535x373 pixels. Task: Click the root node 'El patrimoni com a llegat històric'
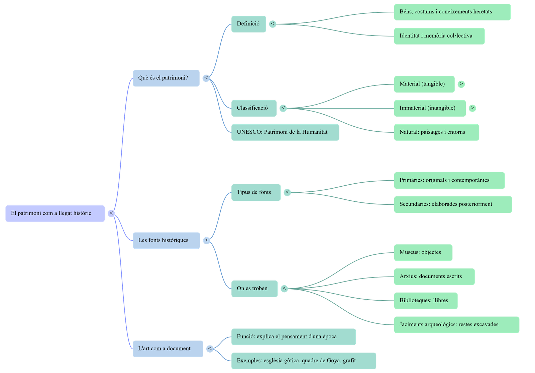pyautogui.click(x=55, y=213)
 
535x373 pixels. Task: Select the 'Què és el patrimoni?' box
pyautogui.click(x=166, y=78)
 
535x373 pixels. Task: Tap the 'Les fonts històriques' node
pyautogui.click(x=166, y=240)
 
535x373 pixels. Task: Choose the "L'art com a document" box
pyautogui.click(x=168, y=349)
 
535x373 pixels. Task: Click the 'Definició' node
pyautogui.click(x=248, y=24)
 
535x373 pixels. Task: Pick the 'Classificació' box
pyautogui.click(x=253, y=108)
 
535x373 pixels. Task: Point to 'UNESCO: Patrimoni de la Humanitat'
pyautogui.click(x=285, y=132)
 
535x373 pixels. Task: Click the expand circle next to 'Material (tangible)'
pyautogui.click(x=461, y=84)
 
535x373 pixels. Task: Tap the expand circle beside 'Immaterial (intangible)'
pyautogui.click(x=472, y=108)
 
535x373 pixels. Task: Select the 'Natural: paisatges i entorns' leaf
pyautogui.click(x=436, y=132)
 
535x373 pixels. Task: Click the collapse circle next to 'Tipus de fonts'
pyautogui.click(x=287, y=192)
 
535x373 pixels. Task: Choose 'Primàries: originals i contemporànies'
pyautogui.click(x=449, y=180)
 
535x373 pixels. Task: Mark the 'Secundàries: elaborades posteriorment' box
pyautogui.click(x=452, y=204)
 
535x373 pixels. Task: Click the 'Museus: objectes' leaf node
pyautogui.click(x=423, y=252)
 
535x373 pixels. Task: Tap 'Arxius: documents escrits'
pyautogui.click(x=434, y=276)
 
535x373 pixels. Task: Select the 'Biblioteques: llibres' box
pyautogui.click(x=425, y=301)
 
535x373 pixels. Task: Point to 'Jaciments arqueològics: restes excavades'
pyautogui.click(x=456, y=324)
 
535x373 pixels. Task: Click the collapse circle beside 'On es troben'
pyautogui.click(x=284, y=289)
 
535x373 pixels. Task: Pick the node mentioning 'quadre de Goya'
pyautogui.click(x=303, y=361)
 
